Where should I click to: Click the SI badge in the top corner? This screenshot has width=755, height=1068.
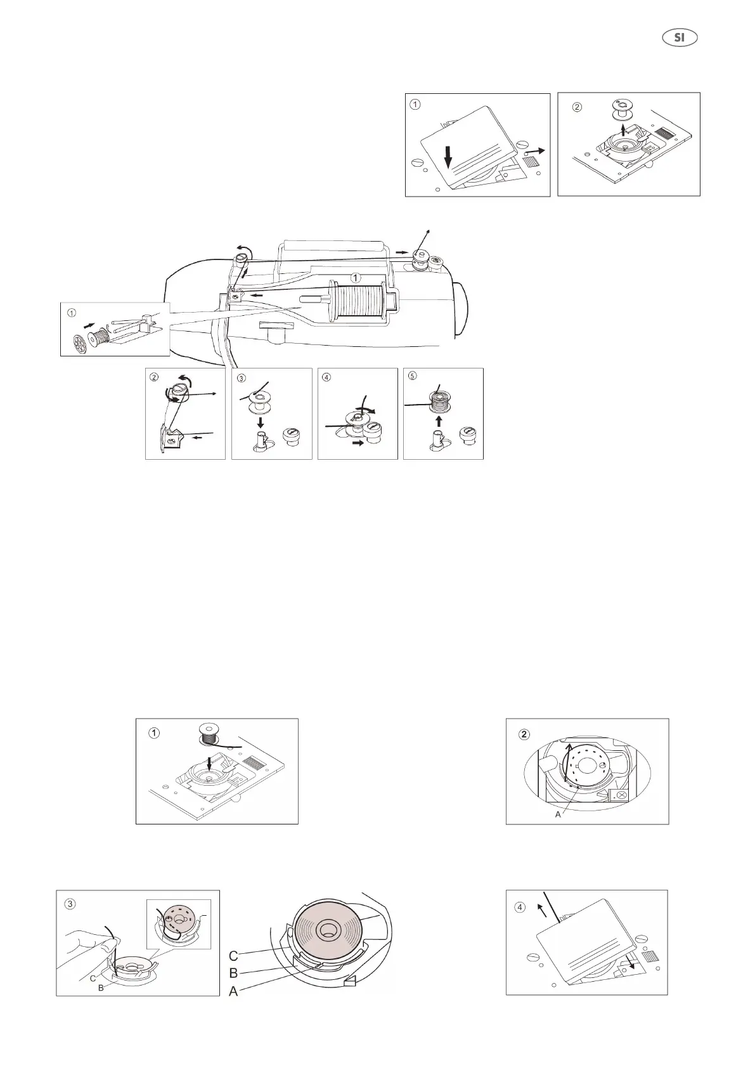680,37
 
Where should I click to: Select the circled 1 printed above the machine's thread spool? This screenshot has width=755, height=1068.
356,277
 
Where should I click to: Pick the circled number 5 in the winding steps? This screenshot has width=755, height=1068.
413,375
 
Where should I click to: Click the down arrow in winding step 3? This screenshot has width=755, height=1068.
261,421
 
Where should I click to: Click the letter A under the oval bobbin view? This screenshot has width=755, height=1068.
558,814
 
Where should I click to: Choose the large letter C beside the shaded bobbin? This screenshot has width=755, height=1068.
233,955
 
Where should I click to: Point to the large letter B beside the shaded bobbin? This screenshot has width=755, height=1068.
233,972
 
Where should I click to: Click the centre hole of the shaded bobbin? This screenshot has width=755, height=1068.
328,930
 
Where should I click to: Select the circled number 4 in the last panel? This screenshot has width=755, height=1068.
520,907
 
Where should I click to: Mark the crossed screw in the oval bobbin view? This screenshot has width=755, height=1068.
621,795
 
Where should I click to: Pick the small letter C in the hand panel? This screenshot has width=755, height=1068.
93,979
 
